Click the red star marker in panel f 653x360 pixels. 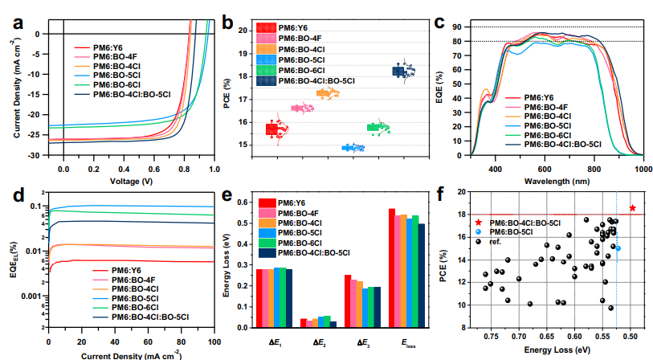pyautogui.click(x=633, y=208)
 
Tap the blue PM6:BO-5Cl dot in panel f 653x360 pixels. pyautogui.click(x=618, y=248)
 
